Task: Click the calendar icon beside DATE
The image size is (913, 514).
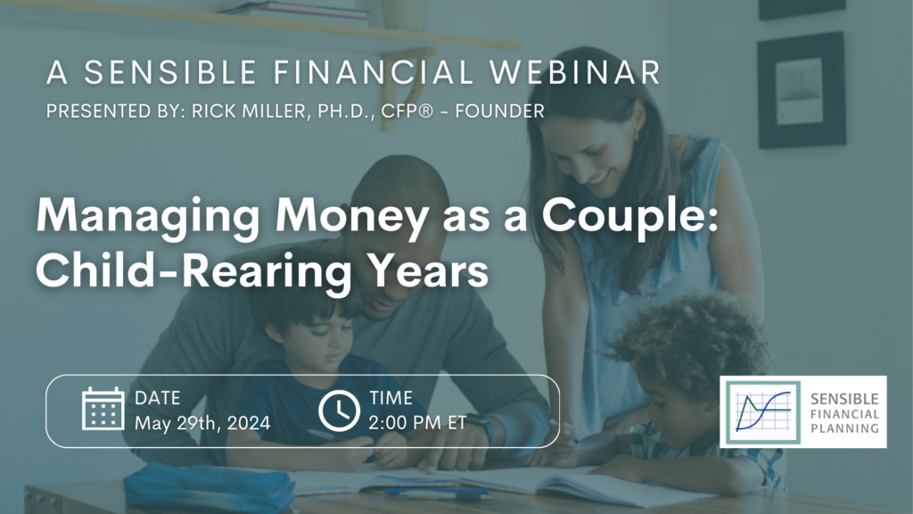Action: [103, 409]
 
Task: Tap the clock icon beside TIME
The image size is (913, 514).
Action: [339, 410]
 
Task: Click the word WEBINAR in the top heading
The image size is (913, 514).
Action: [575, 73]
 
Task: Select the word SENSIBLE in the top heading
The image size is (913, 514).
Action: [170, 73]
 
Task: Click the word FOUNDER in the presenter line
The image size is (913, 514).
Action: [499, 112]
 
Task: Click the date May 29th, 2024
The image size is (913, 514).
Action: [202, 423]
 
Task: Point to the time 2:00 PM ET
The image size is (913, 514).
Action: [417, 422]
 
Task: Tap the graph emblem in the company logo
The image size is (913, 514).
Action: [763, 412]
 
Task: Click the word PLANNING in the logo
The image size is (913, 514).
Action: [845, 429]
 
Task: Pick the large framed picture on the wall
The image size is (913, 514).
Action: [802, 90]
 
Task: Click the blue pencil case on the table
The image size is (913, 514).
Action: [209, 487]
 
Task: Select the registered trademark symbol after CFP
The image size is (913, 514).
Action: [425, 111]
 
